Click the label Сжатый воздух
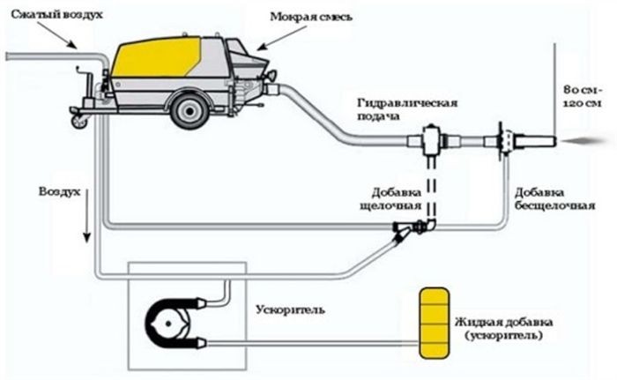(x=56, y=15)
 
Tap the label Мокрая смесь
(x=310, y=17)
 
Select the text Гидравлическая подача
(x=407, y=109)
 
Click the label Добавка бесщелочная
(x=554, y=199)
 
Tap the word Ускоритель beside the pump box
(x=290, y=309)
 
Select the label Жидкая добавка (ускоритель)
(x=503, y=329)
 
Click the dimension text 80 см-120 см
(x=583, y=97)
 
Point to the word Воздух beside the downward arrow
(x=59, y=192)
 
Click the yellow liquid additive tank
(x=434, y=324)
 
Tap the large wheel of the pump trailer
(x=190, y=111)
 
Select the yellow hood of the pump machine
(x=156, y=56)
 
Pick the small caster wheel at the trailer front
(x=78, y=122)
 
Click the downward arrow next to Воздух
(x=87, y=215)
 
